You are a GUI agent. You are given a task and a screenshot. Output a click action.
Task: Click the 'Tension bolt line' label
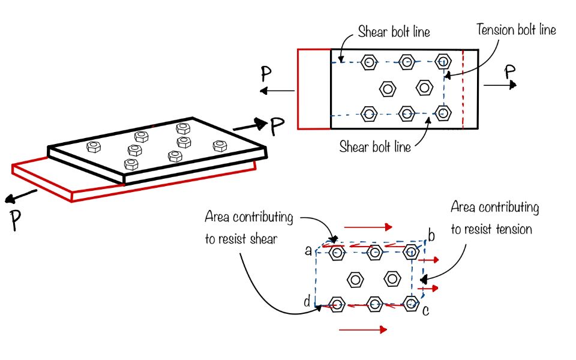point(516,29)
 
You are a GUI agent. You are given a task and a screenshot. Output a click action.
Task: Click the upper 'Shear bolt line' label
point(394,32)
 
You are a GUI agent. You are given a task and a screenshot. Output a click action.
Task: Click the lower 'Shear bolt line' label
point(375,146)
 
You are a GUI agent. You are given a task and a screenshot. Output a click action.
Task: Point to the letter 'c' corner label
point(425,310)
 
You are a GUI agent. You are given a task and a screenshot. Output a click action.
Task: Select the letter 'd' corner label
point(307,302)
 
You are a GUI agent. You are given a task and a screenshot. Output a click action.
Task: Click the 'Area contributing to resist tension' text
point(494,218)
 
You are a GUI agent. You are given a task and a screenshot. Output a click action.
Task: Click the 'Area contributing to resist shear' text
point(249,227)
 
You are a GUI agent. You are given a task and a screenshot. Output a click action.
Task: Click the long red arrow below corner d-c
point(362,329)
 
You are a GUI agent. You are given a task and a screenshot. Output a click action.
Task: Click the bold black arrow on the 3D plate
point(249,125)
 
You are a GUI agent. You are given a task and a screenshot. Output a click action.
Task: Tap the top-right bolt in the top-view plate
point(443,61)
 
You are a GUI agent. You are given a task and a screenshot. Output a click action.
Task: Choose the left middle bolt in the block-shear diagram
point(355,279)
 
